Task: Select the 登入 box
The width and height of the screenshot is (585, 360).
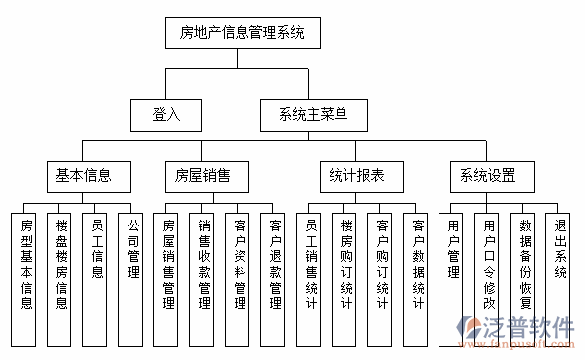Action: (166, 115)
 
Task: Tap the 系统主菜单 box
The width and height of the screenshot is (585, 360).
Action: (307, 115)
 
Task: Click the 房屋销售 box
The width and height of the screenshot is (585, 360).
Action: (203, 177)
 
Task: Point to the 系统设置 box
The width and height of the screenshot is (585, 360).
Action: (487, 177)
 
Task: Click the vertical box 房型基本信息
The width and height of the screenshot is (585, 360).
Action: (27, 263)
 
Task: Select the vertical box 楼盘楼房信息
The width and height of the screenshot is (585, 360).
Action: (62, 263)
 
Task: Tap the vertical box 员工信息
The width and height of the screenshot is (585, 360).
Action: (97, 263)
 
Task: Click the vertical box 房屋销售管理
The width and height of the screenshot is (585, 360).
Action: (169, 263)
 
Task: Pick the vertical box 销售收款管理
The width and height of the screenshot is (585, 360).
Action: (205, 263)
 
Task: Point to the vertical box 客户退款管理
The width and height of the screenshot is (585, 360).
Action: (276, 263)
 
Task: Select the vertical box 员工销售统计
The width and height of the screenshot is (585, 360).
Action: (312, 263)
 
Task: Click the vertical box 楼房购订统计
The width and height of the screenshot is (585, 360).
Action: (346, 263)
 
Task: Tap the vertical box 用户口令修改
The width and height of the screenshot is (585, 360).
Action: (489, 263)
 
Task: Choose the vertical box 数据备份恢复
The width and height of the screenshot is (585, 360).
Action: (525, 263)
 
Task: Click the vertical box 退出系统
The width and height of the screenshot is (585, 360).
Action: (560, 263)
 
